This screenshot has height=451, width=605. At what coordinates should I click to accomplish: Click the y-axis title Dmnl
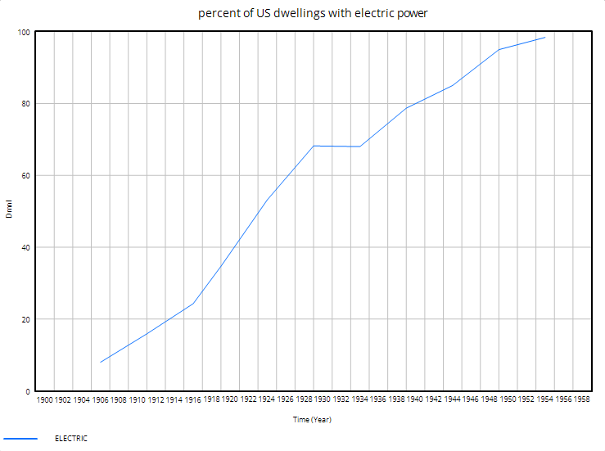[x=9, y=210]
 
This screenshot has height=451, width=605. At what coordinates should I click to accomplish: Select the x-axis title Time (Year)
[x=312, y=420]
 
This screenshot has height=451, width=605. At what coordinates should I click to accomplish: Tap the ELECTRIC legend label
[x=70, y=439]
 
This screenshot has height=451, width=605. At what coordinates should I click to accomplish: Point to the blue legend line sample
[x=20, y=439]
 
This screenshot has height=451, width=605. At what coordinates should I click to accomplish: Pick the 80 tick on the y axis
[x=25, y=104]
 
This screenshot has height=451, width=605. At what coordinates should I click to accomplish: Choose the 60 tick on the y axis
[x=25, y=176]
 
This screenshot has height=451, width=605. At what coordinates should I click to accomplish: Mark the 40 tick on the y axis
[x=25, y=248]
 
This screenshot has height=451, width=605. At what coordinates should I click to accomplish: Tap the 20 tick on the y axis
[x=25, y=320]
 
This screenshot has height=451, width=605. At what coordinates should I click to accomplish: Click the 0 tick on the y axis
[x=27, y=392]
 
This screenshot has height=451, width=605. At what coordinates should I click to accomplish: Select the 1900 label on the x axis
[x=45, y=400]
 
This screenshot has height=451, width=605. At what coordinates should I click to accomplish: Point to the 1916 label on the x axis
[x=192, y=400]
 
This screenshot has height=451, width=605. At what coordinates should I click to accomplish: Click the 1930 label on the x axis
[x=322, y=400]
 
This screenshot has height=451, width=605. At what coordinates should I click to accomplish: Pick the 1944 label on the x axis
[x=452, y=400]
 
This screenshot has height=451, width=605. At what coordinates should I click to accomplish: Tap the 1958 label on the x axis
[x=581, y=400]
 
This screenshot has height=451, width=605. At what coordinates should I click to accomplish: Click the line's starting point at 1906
[x=101, y=362]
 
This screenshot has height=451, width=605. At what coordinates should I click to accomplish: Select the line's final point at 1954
[x=544, y=38]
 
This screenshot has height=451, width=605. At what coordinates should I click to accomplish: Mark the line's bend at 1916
[x=193, y=304]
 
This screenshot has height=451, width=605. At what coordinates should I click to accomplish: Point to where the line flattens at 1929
[x=314, y=146]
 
